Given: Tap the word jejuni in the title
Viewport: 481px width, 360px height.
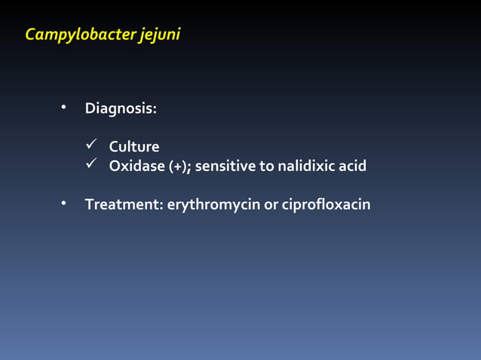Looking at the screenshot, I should click(161, 35).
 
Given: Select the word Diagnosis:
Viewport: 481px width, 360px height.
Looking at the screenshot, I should click(121, 108).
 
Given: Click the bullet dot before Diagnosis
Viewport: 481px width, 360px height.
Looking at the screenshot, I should click(65, 108).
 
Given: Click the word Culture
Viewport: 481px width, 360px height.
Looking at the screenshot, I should click(134, 147).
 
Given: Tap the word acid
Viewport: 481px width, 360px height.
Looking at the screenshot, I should click(352, 166).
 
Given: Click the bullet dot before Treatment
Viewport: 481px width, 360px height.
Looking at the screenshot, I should click(65, 204).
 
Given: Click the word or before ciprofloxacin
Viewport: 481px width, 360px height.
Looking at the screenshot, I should click(270, 205).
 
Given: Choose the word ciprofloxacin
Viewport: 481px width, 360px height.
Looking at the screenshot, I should click(326, 204).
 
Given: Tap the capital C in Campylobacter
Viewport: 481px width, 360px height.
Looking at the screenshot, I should click(31, 34).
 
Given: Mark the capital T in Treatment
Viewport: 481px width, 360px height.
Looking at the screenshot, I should click(89, 204).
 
